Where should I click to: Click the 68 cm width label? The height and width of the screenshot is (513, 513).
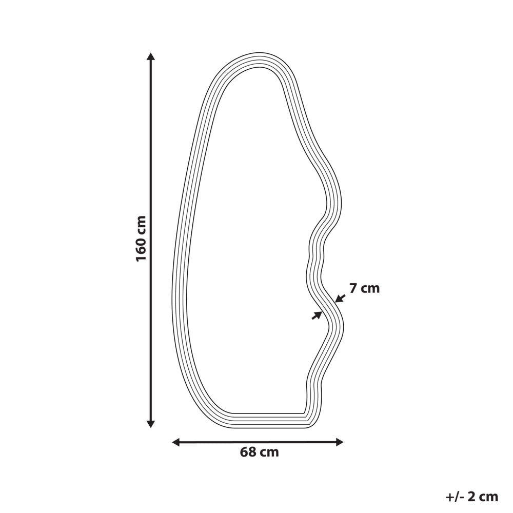click(x=260, y=452)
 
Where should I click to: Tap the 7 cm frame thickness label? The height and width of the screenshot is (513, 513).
click(x=364, y=288)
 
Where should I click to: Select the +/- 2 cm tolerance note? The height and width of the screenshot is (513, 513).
click(x=471, y=497)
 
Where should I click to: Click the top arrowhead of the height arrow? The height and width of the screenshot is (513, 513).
click(x=150, y=56)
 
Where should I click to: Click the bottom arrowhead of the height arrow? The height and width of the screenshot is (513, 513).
click(x=150, y=424)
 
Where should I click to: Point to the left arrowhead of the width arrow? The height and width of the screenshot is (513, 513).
click(x=176, y=442)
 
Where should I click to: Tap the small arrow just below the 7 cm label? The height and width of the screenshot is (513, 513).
click(x=340, y=298)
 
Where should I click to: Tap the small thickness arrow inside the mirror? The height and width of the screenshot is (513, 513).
click(x=317, y=315)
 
